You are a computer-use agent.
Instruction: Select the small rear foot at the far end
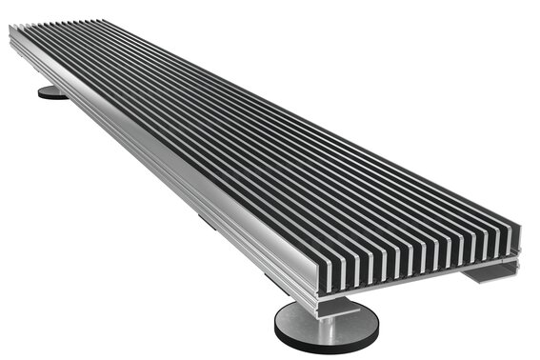pos(52,92)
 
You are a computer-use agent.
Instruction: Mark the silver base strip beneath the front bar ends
pos(419,270)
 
